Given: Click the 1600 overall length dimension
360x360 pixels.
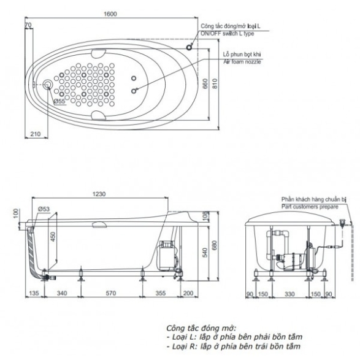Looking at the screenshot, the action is click(110, 13).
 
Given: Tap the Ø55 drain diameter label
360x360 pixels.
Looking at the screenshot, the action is click(59, 101).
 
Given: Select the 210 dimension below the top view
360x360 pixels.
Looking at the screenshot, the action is click(36, 134).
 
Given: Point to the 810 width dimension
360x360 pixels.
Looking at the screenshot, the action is click(215, 83).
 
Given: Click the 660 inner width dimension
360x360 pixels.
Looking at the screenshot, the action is click(205, 83).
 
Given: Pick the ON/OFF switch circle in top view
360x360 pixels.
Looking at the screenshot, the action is click(189, 47).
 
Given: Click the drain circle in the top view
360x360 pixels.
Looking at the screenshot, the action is click(48, 85).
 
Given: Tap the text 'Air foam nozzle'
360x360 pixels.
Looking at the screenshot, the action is click(242, 62).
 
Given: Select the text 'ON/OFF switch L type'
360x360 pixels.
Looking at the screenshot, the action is click(228, 34).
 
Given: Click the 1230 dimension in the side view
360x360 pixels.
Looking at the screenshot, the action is click(99, 194).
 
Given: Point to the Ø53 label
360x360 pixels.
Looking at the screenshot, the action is click(44, 209).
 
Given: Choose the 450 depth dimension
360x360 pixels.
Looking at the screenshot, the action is click(53, 237).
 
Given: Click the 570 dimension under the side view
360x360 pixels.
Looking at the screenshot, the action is click(110, 293).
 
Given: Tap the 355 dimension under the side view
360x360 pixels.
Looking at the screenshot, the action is click(161, 293).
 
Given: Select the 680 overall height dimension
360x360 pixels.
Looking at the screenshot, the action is click(215, 246).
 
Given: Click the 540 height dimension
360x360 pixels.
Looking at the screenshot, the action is click(205, 252).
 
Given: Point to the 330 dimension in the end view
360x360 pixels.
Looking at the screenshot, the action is click(289, 294).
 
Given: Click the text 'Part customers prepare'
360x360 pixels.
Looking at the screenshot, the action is click(310, 207).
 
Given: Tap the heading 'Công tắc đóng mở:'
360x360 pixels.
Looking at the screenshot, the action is click(201, 327).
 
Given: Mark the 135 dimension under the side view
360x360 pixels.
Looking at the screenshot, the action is click(34, 293).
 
